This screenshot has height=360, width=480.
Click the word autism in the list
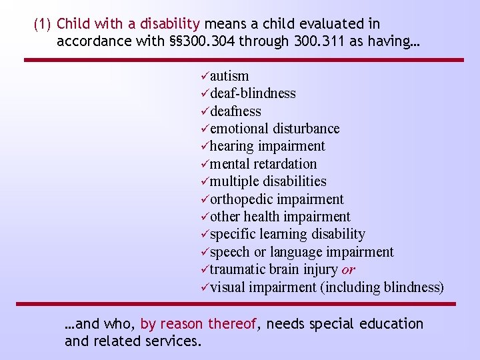229,76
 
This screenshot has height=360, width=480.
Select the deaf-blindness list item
253,93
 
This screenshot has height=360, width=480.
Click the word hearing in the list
232,146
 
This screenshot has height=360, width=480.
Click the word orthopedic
241,199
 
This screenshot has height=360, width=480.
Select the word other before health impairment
225,217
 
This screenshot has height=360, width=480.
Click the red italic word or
348,270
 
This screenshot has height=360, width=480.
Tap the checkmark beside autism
204,76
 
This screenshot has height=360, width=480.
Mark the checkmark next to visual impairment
204,287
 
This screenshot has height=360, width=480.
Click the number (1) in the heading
42,24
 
